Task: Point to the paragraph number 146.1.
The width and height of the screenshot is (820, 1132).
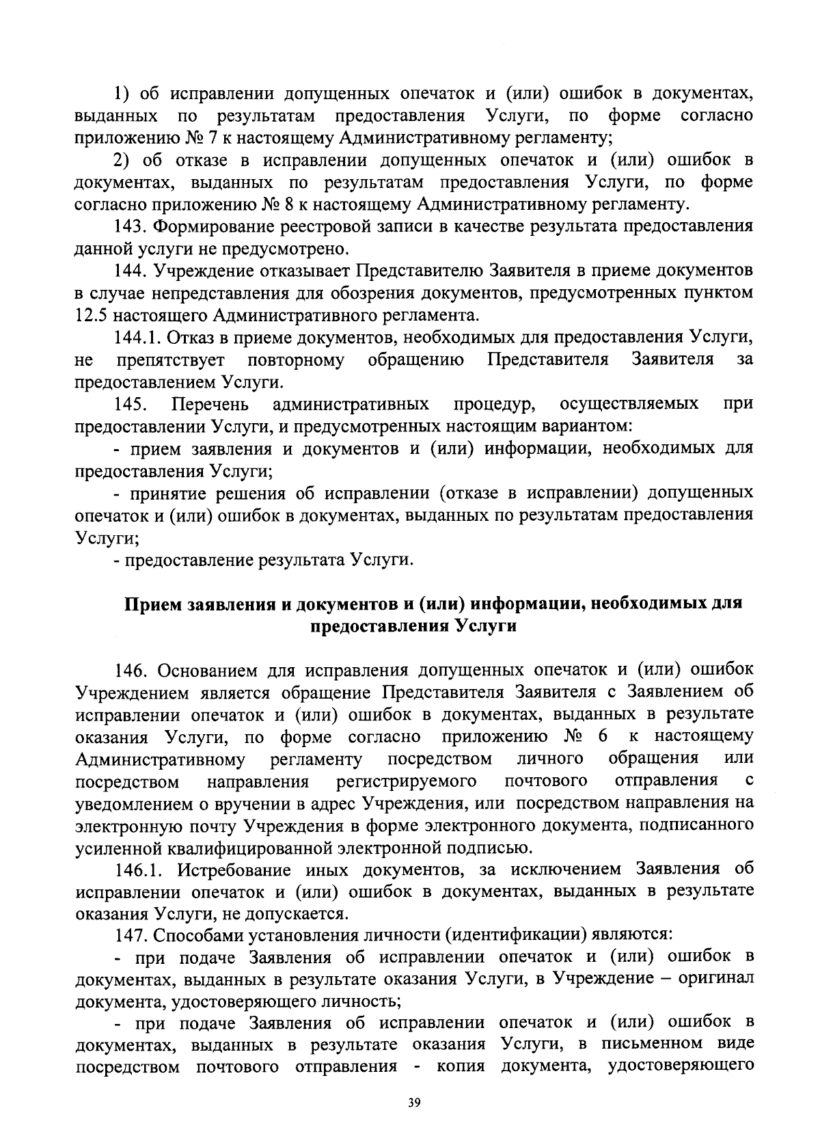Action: (139, 869)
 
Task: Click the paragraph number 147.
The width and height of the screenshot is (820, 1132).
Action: (129, 934)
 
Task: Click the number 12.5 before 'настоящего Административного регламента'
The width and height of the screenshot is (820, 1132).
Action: (91, 315)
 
